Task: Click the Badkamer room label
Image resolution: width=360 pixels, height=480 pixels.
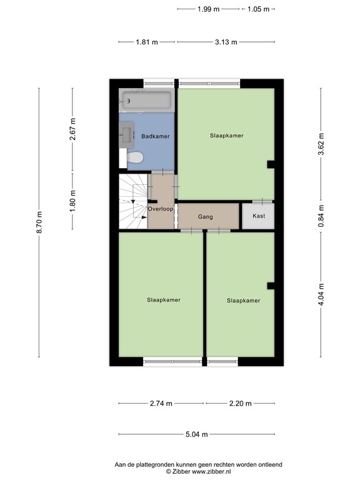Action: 155,136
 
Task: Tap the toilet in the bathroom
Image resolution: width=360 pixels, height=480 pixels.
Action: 135,157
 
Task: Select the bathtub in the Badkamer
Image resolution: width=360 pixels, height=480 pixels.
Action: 147,101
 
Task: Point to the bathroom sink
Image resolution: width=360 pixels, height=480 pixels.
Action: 126,135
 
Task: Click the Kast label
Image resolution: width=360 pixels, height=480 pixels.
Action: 259,216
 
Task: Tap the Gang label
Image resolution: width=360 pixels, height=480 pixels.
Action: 205,217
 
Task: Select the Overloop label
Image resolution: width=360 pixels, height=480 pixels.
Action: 161,209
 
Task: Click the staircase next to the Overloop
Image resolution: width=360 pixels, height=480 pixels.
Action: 133,201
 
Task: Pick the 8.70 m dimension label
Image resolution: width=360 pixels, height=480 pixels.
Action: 39,222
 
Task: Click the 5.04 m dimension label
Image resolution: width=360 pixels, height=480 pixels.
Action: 196,434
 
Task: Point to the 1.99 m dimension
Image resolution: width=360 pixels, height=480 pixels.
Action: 208,9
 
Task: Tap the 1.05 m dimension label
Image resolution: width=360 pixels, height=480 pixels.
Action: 258,9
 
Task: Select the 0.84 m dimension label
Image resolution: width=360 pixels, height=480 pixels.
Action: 321,216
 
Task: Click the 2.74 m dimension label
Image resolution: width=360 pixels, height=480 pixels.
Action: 161,404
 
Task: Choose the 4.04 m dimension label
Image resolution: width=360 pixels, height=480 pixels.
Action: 321,294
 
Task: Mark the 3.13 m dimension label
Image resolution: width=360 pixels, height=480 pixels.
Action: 226,42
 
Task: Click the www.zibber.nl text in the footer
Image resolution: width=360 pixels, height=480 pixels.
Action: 211,472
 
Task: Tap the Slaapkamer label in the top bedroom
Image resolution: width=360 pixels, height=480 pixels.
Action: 226,136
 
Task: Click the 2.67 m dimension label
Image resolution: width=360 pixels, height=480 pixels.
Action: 72,129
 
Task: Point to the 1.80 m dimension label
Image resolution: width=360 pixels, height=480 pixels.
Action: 72,201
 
